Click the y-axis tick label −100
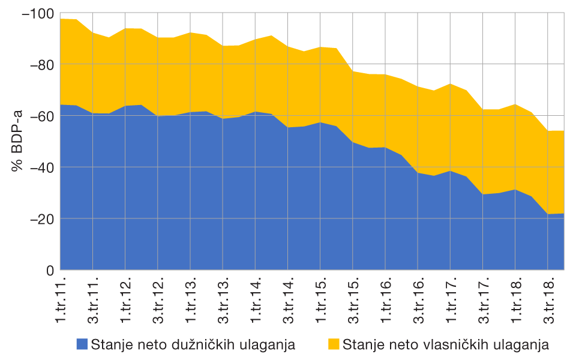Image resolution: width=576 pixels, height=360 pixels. [x=37, y=13]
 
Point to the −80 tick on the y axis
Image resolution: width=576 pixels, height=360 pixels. [x=40, y=64]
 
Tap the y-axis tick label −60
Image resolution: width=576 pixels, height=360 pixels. [x=40, y=116]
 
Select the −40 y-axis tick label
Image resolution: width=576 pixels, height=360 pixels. [x=40, y=167]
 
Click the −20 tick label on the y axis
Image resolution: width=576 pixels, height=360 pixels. [x=40, y=218]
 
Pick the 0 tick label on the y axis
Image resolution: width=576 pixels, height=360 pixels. [x=49, y=270]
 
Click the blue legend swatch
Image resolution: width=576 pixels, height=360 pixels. [x=82, y=344]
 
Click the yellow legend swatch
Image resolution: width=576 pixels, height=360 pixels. [x=334, y=344]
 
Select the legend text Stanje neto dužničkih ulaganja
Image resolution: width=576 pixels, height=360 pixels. [x=193, y=344]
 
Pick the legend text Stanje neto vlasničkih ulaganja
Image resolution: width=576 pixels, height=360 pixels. [x=446, y=344]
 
